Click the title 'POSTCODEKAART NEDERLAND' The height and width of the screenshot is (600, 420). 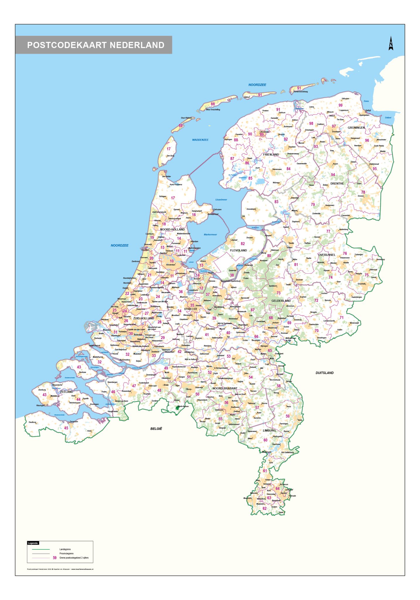pos(96,45)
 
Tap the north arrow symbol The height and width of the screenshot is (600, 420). pos(391,43)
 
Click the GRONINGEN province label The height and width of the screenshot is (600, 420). pos(356,128)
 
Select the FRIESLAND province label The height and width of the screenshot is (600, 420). pos(271,154)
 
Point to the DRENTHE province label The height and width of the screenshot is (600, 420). pos(337,183)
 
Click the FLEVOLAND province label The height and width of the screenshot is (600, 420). pos(238,250)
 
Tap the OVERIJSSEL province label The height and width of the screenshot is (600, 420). pos(327,255)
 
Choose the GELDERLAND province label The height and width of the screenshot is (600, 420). pos(281,301)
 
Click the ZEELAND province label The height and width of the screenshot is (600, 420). pos(67,392)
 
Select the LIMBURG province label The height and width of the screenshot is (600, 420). pos(269,430)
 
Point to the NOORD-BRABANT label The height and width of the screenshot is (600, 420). pos(225,388)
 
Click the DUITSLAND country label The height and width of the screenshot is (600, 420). pos(324,373)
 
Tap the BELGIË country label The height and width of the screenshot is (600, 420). pos(156,429)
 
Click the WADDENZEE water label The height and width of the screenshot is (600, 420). pos(200,140)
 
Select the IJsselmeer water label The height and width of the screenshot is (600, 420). pos(221,200)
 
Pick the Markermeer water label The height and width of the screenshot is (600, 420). pos(210,235)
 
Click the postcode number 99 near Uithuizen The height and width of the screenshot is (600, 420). pos(340,105)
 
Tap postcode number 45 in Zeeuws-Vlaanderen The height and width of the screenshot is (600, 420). pos(66,428)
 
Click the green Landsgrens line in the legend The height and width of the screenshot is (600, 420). pos(41,549)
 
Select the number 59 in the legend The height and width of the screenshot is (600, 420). pos(55,558)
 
